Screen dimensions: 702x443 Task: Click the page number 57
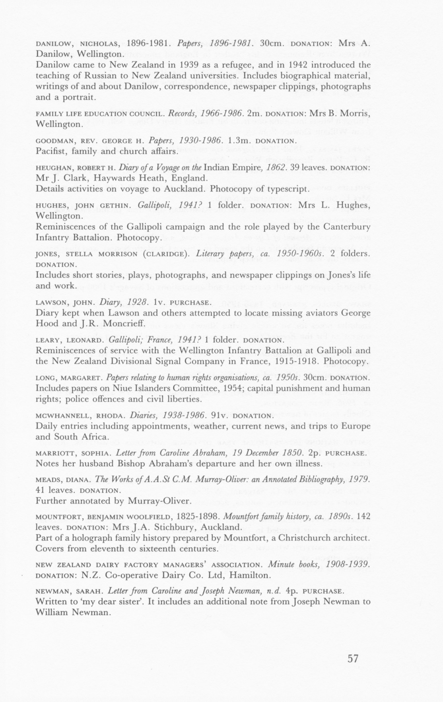353,659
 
